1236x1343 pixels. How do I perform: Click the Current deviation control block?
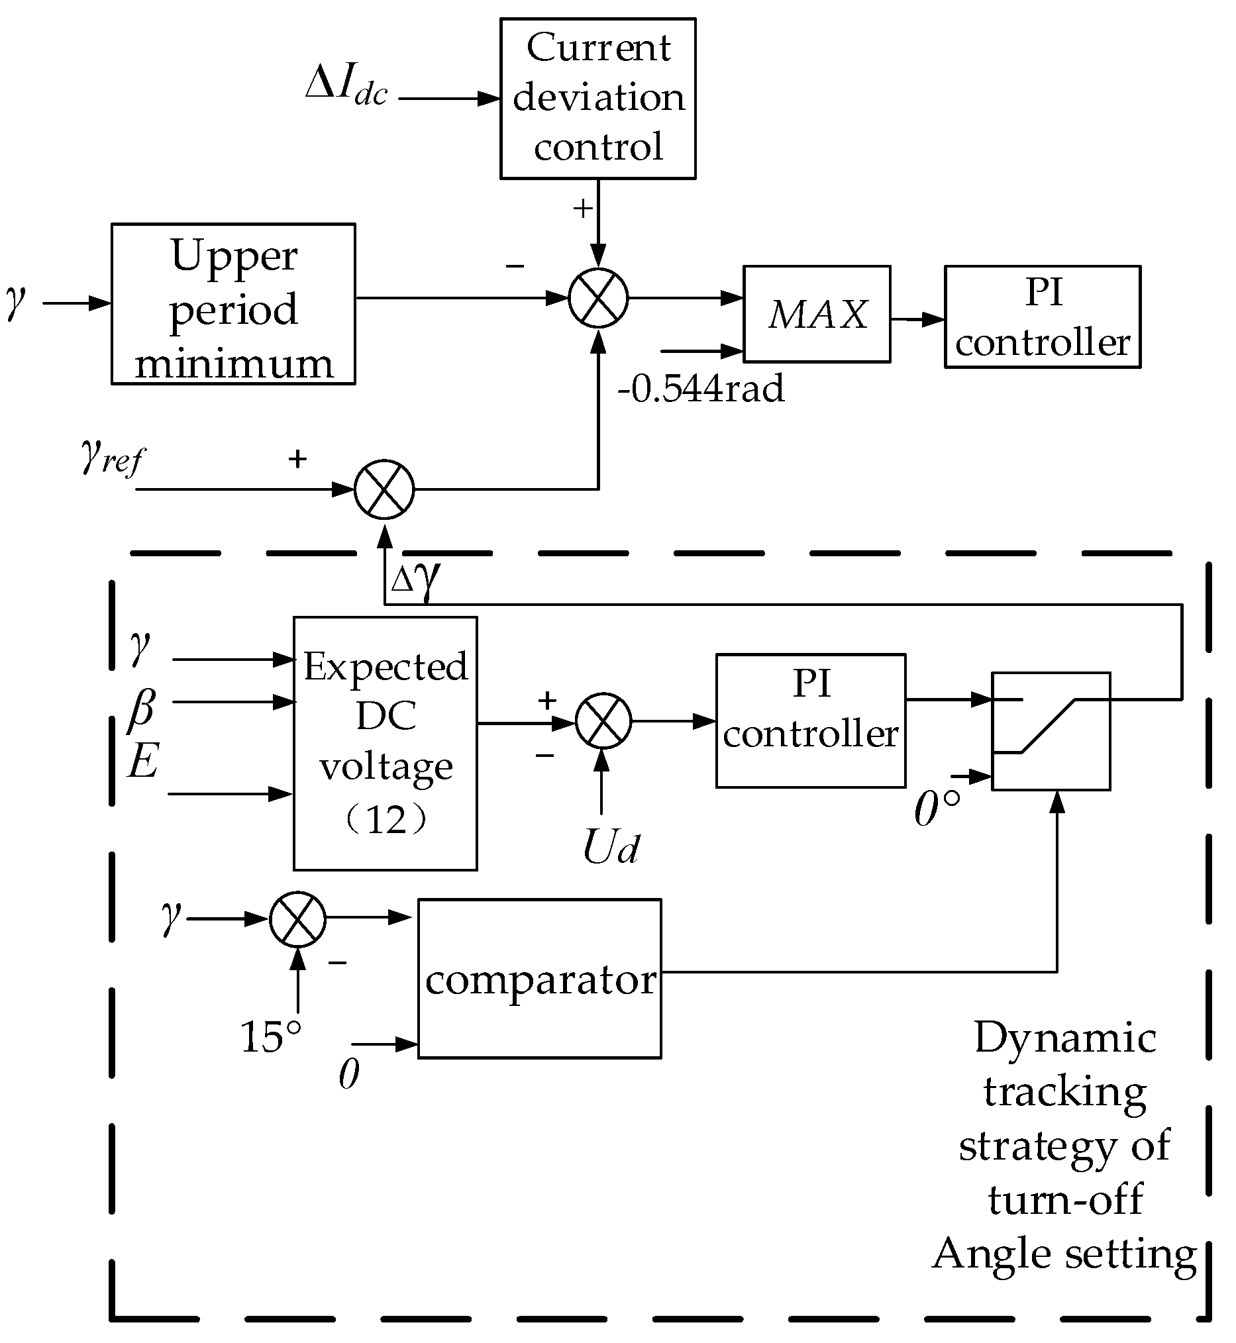pos(597,98)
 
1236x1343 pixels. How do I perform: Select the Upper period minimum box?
pos(232,305)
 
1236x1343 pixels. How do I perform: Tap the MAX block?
pos(816,315)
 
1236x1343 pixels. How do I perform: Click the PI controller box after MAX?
pos(1041,317)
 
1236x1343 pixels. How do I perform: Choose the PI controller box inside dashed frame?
pos(810,721)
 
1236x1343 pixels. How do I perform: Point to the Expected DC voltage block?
pos(386,743)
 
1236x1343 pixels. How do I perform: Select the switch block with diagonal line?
pos(1050,731)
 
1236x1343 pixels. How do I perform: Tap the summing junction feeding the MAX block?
pos(598,298)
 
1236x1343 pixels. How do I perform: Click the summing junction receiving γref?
pos(384,489)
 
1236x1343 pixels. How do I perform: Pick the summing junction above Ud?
pos(603,721)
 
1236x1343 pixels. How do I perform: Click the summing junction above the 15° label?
pos(297,919)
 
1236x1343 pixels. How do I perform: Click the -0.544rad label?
pos(700,389)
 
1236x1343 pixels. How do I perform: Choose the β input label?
pos(142,707)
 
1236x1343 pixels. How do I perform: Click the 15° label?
pos(270,1037)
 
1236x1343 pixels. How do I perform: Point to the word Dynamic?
pos(1065,1038)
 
